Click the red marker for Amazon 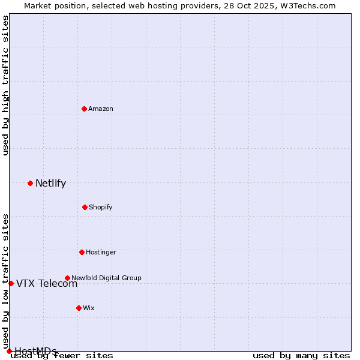[84, 109]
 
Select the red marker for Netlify [30, 183]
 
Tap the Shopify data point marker [85, 207]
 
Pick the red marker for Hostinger [82, 252]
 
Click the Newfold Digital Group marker [67, 278]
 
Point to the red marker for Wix [79, 308]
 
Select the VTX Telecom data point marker [11, 283]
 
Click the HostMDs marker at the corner [9, 351]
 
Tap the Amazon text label [101, 109]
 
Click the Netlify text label [50, 183]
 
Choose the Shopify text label [101, 207]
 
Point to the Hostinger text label [101, 252]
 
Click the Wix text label [89, 308]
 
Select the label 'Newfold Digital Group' [106, 278]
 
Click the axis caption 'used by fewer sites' [62, 355]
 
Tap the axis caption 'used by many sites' [301, 355]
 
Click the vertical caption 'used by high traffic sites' [5, 85]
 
